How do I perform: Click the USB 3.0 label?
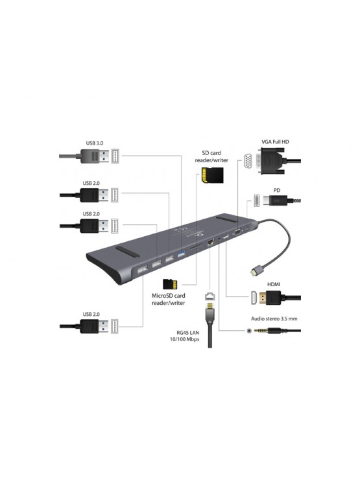(94, 143)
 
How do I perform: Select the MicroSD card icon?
(170, 283)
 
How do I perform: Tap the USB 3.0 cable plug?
(95, 157)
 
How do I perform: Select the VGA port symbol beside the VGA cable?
(248, 160)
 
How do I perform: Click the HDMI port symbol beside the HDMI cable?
(248, 299)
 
